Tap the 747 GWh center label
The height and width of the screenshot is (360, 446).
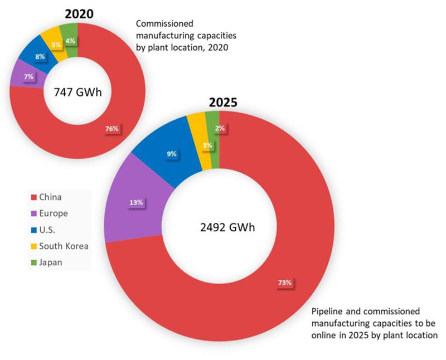click(77, 92)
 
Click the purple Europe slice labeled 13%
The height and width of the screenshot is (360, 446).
click(135, 202)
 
